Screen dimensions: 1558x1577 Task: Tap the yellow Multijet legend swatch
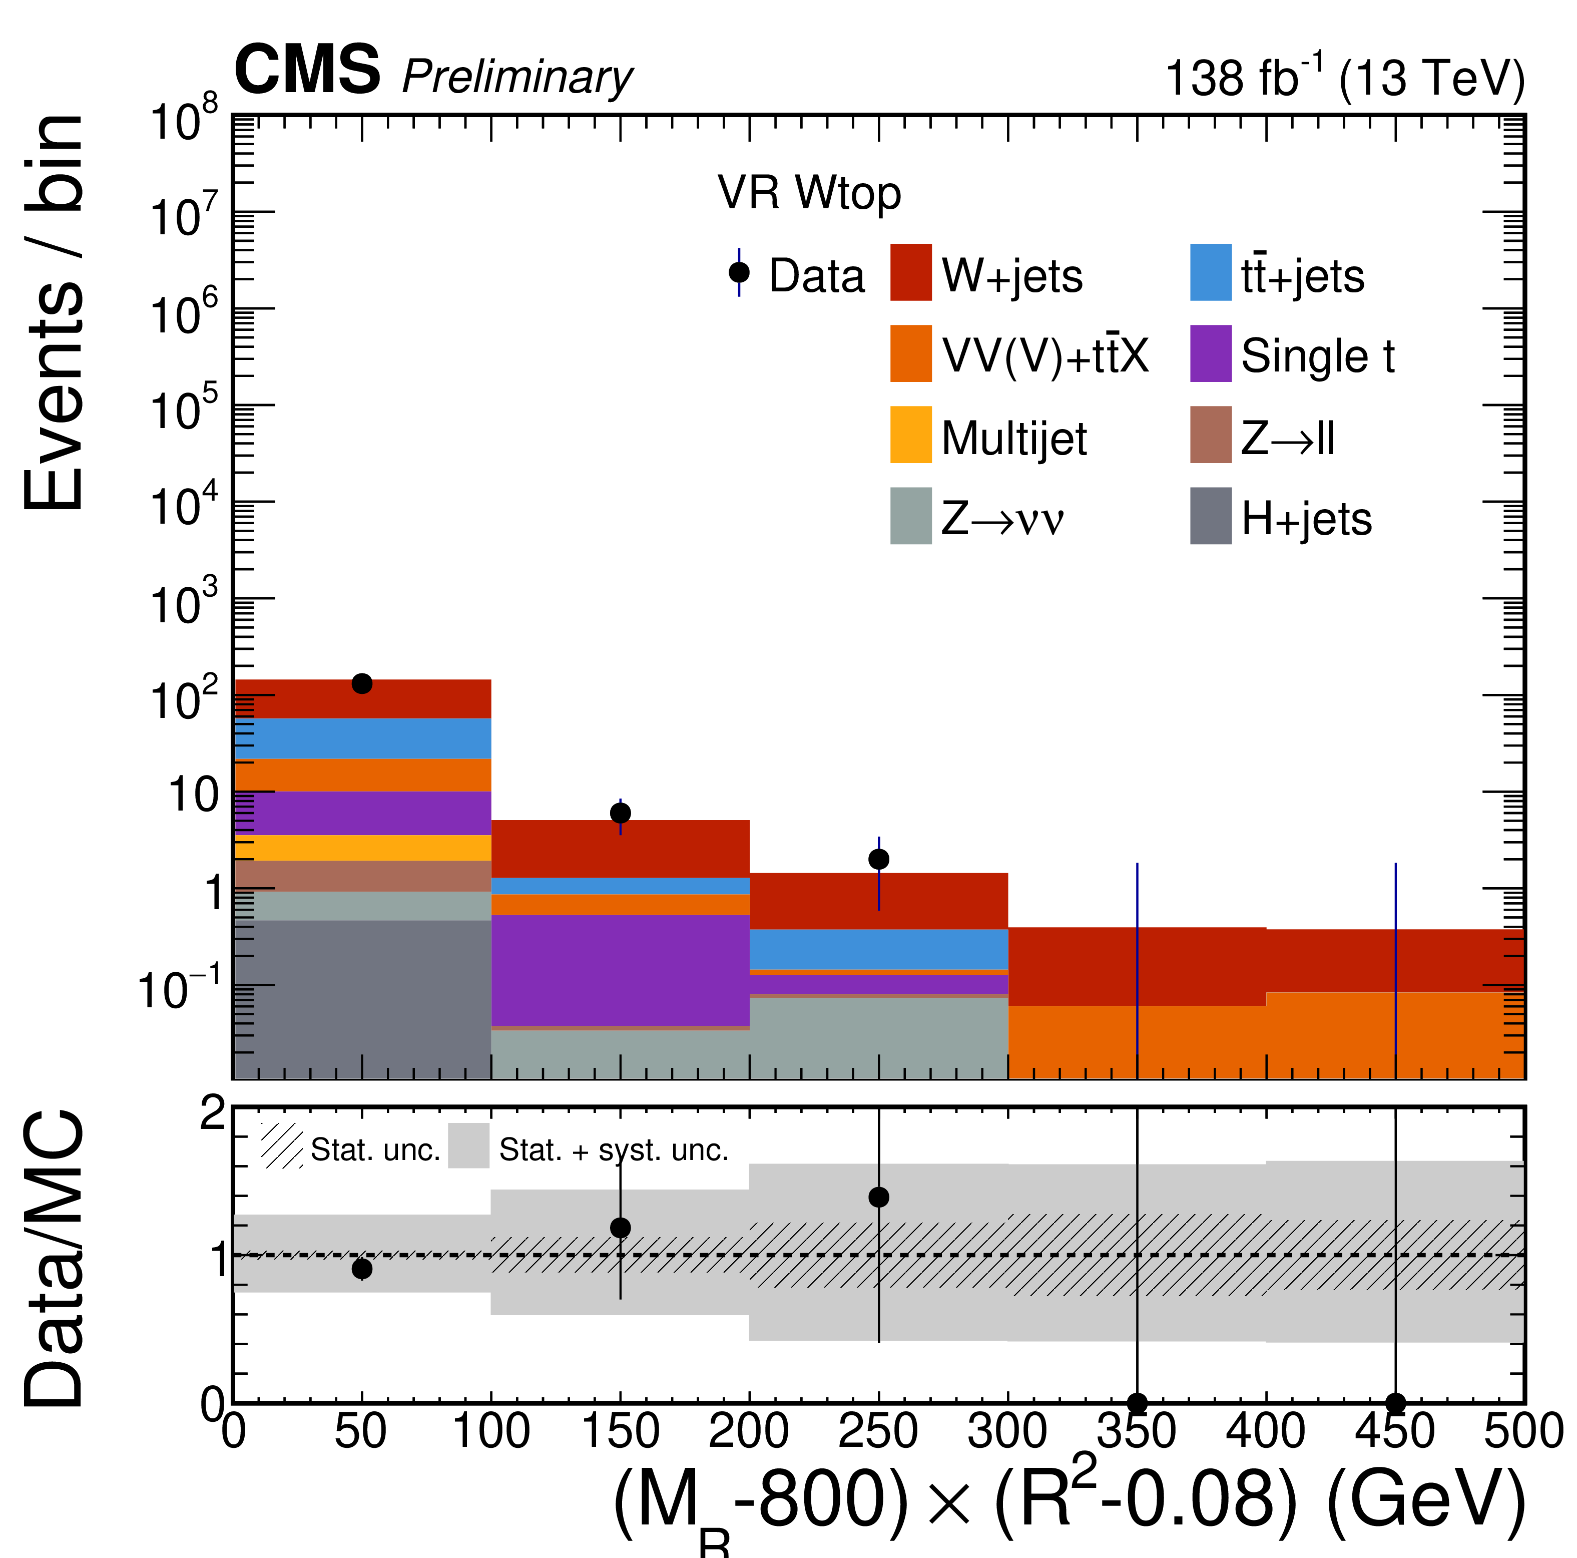(x=910, y=435)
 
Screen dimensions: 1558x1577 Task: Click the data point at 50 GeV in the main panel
(x=362, y=683)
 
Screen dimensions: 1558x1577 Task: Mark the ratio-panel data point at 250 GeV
(x=878, y=1197)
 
